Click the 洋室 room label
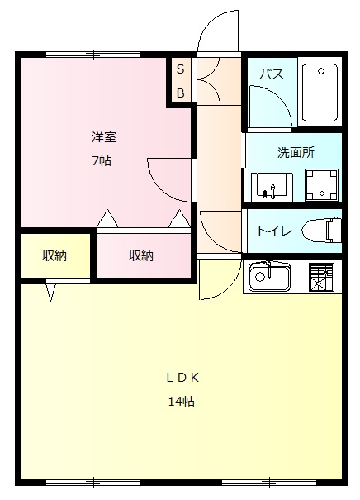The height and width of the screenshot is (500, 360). pos(103,137)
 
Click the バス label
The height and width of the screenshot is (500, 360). pos(272,74)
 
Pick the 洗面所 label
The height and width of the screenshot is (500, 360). pos(295,152)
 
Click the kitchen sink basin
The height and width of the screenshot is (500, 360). pos(266,278)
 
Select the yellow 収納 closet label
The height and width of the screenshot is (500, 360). pos(54,256)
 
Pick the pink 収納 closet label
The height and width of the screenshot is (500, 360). pos(141,256)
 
